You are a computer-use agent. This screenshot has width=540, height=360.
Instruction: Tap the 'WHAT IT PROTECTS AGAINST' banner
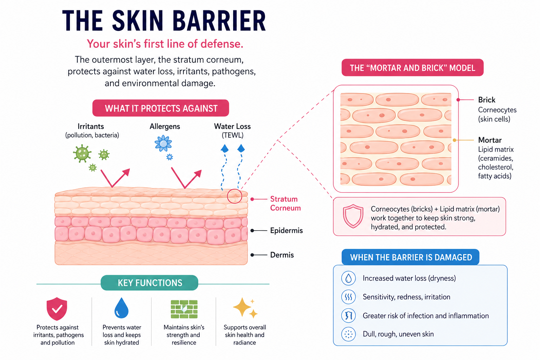point(161,108)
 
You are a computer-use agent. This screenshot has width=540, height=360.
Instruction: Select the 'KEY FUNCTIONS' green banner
point(149,283)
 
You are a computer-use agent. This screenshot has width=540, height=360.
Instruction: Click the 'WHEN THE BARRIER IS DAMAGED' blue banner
point(411,257)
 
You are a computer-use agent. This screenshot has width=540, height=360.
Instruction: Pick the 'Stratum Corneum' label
point(285,204)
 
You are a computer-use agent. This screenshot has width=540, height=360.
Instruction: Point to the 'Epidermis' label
point(287,231)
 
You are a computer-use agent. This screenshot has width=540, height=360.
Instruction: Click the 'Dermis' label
point(282,255)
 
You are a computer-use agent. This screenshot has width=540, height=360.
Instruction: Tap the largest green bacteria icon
point(82,153)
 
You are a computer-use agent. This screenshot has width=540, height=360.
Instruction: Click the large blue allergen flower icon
point(163,143)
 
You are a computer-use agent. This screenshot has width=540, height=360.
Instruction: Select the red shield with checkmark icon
point(57,309)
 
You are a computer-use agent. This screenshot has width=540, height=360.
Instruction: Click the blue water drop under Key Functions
point(121,308)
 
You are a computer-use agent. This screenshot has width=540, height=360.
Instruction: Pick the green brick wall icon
point(184,309)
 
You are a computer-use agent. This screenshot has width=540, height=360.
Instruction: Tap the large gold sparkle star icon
point(242,307)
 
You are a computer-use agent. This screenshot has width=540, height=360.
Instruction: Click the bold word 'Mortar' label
point(490,140)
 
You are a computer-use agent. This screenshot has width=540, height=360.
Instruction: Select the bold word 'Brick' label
point(487,99)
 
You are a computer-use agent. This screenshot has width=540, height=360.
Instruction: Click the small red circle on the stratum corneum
point(234,196)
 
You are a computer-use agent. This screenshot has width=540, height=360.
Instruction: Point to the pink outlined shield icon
point(353,216)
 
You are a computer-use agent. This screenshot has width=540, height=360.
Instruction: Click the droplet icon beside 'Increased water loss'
point(348,278)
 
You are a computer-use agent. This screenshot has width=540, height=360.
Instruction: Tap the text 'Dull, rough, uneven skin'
point(398,334)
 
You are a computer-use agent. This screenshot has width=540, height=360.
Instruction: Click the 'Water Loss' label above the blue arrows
point(232,126)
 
